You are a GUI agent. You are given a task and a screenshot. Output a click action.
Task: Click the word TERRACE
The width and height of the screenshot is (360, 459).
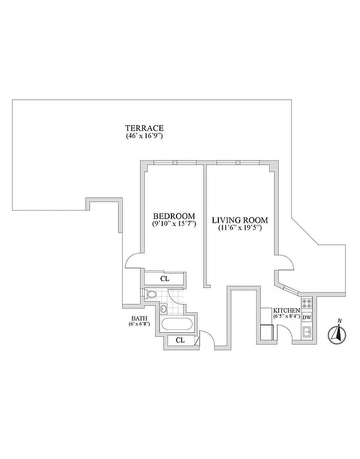(145, 128)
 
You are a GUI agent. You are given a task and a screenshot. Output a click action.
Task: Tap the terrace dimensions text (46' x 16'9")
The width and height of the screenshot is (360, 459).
(145, 137)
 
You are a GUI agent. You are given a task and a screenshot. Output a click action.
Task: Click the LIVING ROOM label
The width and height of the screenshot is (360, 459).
(240, 220)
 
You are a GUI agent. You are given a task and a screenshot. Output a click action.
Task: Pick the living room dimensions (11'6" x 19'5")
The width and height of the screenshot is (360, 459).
(240, 228)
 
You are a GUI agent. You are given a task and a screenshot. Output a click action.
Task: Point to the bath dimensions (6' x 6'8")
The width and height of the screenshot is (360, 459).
(139, 324)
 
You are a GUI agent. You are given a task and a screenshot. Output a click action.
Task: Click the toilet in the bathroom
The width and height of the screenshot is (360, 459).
(151, 295)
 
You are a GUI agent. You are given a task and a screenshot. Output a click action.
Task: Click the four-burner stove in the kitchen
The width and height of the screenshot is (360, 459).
(306, 304)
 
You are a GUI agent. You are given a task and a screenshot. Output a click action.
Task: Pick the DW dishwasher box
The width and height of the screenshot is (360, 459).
(306, 317)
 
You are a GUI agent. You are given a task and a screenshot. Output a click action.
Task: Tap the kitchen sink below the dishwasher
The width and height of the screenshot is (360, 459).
(306, 331)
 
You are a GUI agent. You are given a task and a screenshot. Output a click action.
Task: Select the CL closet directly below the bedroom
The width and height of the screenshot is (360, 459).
(165, 278)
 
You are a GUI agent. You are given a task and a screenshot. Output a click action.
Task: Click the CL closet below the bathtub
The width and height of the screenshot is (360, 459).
(180, 340)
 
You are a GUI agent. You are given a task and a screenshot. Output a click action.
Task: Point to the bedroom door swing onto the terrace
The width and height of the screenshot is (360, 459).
(134, 262)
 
